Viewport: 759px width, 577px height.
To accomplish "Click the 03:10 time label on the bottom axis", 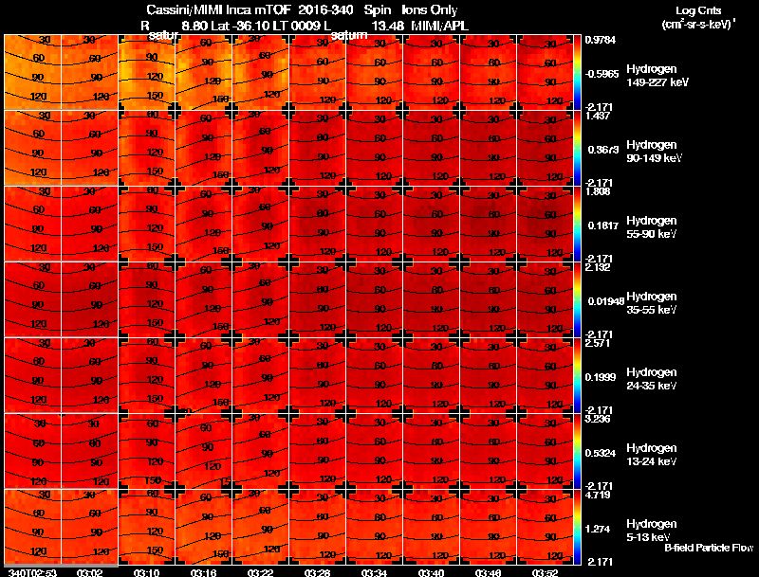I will pyautogui.click(x=146, y=572).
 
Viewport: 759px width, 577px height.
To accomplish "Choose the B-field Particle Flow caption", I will pyautogui.click(x=708, y=548).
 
